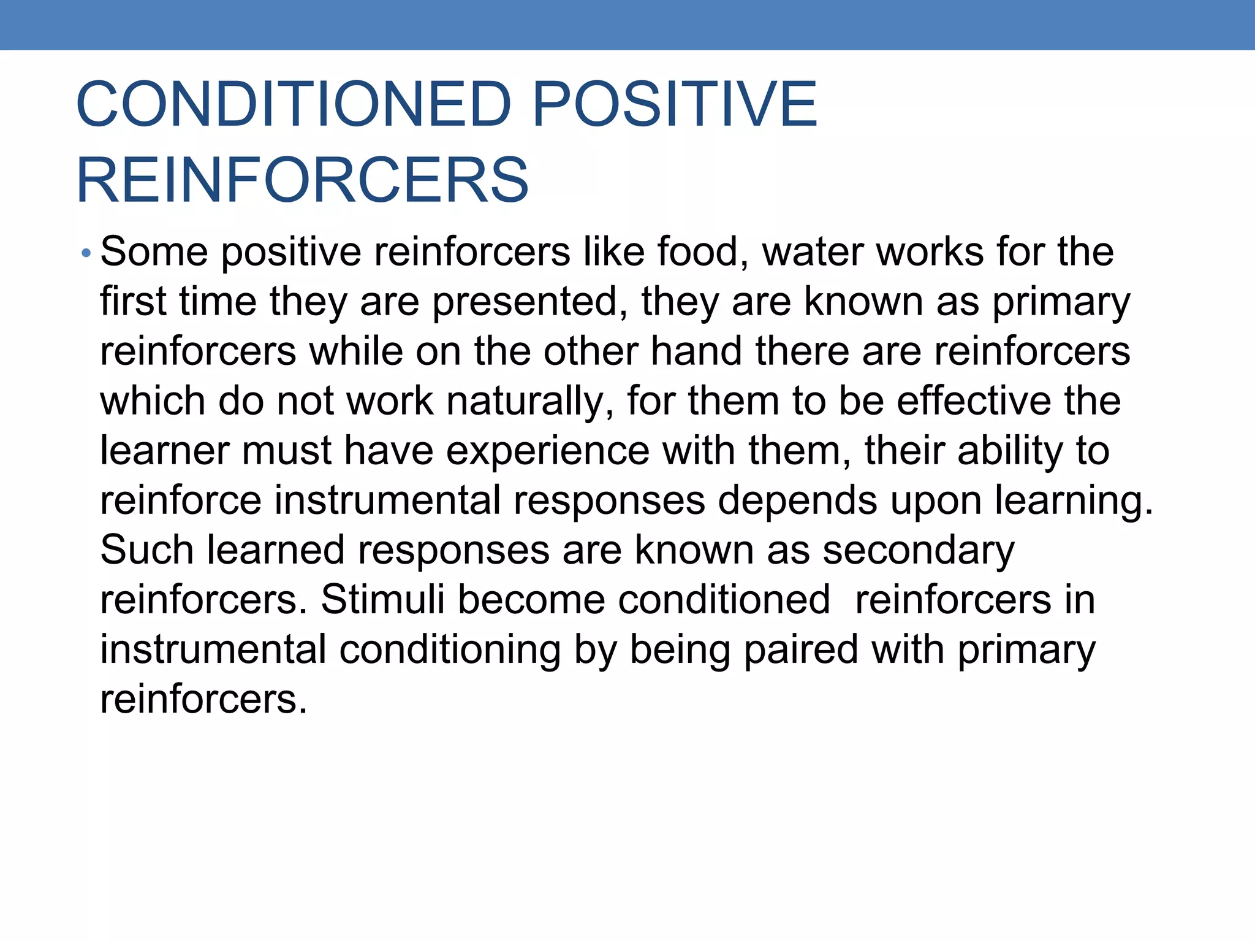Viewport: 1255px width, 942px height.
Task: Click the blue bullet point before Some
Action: click(86, 253)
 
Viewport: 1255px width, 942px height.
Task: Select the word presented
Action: click(530, 302)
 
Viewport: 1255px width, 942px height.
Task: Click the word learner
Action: click(164, 451)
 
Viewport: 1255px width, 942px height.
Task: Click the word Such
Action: click(146, 549)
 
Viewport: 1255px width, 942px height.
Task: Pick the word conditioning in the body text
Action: click(450, 650)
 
